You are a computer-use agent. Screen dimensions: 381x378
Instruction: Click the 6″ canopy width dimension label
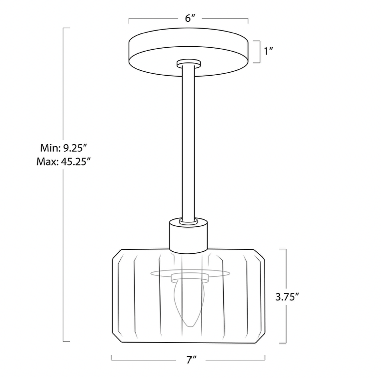tap(190, 18)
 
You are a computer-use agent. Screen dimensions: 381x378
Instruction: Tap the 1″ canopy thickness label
tap(269, 51)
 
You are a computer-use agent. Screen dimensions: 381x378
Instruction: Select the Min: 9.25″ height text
tap(64, 148)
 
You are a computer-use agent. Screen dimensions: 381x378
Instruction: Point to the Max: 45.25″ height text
tap(64, 161)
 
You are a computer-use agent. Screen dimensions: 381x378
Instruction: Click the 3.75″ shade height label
tap(287, 297)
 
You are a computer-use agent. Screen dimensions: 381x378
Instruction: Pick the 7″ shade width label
tap(191, 360)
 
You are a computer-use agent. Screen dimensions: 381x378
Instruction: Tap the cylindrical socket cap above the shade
tap(188, 236)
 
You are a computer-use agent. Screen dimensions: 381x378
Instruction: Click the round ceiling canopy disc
tap(188, 52)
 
